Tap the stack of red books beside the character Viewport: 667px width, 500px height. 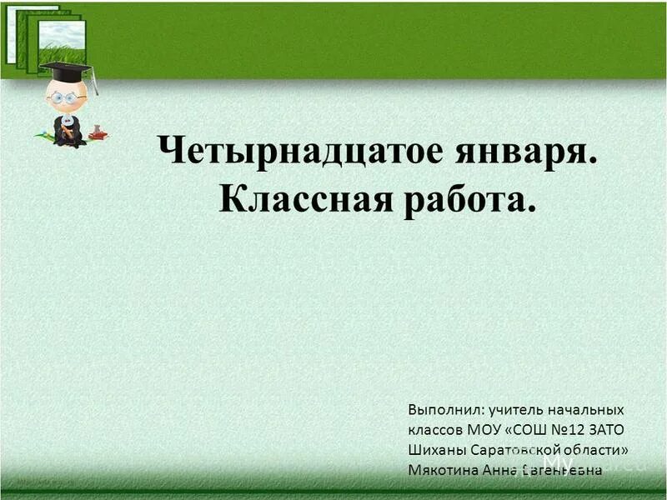click(97, 132)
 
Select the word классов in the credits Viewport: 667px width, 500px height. click(436, 430)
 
